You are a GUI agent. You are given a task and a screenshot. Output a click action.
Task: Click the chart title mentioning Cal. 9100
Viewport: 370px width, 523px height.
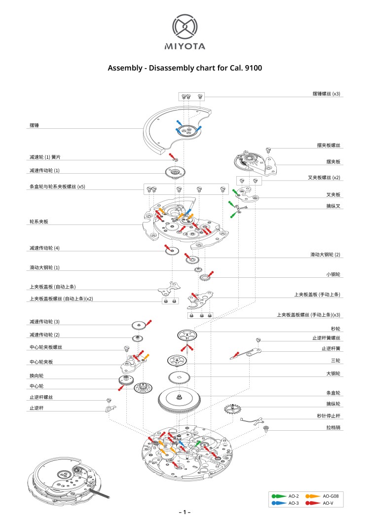185,68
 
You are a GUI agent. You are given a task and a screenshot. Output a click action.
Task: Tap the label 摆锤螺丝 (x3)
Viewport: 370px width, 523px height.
326,93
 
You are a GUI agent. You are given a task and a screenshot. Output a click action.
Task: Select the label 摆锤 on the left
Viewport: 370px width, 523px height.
34,126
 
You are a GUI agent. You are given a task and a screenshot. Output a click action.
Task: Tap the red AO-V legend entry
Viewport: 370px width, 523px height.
319,503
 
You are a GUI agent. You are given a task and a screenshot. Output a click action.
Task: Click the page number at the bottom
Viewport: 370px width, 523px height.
185,513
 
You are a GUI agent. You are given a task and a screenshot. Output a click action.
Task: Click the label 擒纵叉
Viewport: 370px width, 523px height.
333,206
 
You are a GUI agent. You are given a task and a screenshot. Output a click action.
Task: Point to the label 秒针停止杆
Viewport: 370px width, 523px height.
328,415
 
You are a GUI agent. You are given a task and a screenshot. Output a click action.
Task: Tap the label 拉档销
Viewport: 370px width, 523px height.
333,427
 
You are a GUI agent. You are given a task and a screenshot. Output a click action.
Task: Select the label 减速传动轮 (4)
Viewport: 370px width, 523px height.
44,248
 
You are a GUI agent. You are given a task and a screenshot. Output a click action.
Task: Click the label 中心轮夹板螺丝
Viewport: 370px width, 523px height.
46,347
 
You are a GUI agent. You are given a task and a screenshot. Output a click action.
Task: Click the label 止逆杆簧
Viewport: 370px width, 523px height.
331,348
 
